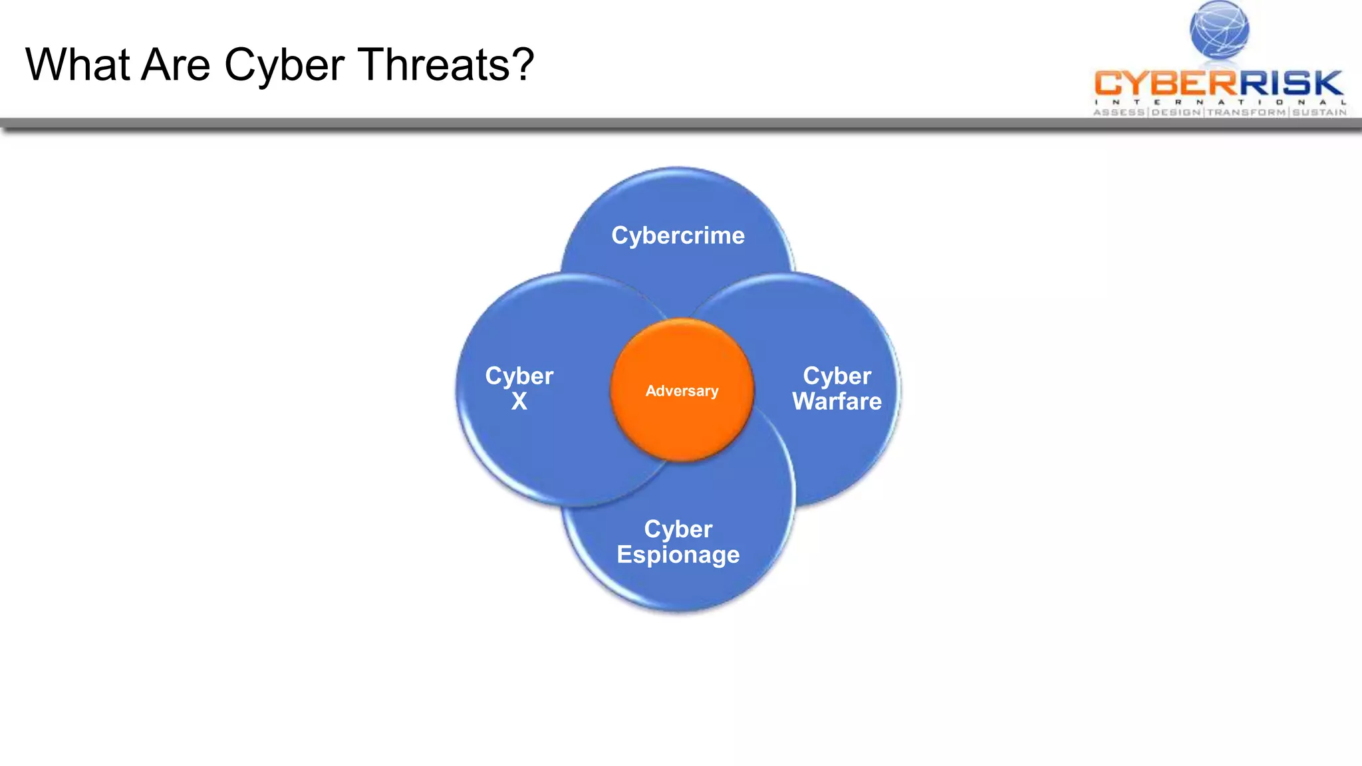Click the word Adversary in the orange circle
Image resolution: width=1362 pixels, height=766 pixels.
click(682, 391)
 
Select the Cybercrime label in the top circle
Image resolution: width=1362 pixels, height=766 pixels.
click(678, 235)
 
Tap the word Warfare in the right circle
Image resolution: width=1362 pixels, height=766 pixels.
click(837, 402)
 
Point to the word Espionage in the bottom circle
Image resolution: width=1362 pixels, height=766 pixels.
click(678, 555)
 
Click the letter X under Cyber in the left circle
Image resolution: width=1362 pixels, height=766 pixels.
click(519, 402)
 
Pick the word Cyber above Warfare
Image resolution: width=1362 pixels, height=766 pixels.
click(837, 376)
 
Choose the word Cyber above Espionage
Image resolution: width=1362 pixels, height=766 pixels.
click(678, 529)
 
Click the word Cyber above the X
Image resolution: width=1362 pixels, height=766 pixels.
click(519, 376)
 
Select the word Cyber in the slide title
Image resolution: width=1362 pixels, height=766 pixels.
click(284, 66)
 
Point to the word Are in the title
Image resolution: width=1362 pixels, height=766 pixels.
click(176, 65)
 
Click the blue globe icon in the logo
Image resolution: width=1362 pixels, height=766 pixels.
click(1219, 30)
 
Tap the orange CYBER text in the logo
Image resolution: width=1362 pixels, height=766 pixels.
click(1164, 84)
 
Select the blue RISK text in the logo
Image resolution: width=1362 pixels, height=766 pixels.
click(1290, 84)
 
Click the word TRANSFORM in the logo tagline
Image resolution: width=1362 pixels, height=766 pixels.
click(1246, 112)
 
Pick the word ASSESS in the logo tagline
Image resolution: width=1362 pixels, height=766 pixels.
click(1119, 112)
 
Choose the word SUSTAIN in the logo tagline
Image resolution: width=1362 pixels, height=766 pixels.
click(1319, 112)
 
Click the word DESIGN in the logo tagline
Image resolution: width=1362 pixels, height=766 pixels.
click(1176, 112)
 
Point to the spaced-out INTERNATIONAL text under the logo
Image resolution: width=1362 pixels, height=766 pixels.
click(1220, 102)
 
